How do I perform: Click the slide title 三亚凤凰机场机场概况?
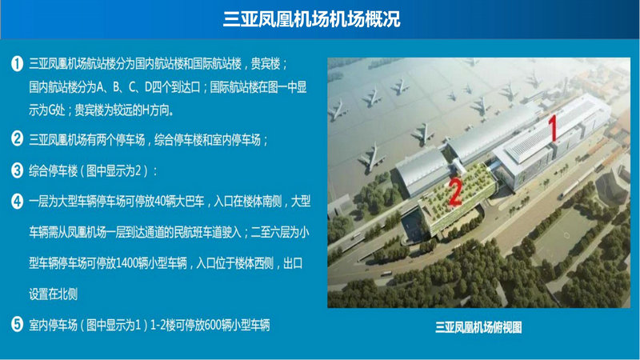click(312, 19)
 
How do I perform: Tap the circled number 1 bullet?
click(17, 64)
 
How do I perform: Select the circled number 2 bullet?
click(17, 138)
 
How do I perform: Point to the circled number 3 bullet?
click(17, 170)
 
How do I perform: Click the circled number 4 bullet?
click(17, 202)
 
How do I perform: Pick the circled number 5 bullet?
click(17, 325)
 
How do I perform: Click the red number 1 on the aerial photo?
click(553, 128)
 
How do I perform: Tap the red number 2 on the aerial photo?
click(455, 192)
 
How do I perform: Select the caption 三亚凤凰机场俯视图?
click(478, 327)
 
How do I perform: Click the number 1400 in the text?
click(126, 263)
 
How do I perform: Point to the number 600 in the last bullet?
click(212, 326)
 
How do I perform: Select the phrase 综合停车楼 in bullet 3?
click(53, 170)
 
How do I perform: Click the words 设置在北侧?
click(53, 294)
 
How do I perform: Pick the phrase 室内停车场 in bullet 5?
click(53, 326)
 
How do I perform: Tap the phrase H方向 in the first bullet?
click(155, 110)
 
